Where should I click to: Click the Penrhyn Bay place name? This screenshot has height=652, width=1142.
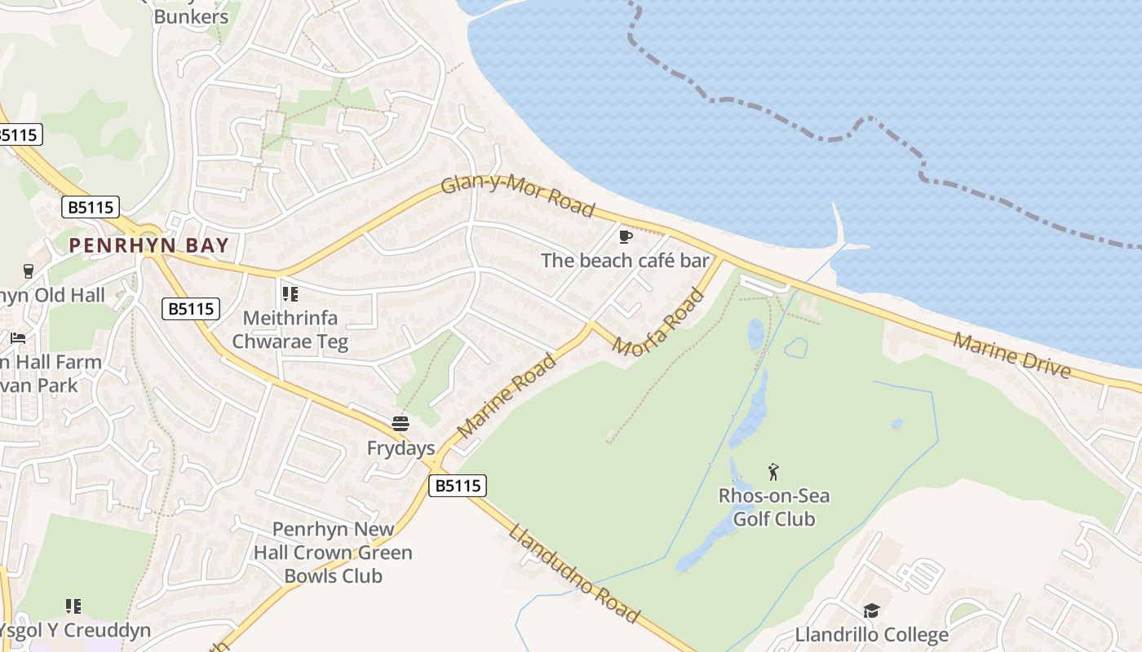(148, 244)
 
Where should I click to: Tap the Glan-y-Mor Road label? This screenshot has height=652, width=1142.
(517, 195)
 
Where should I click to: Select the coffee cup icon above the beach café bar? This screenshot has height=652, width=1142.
(626, 236)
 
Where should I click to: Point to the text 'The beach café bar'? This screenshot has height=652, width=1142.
(625, 261)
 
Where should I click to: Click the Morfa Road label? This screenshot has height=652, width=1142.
(657, 324)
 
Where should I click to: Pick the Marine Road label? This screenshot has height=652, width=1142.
(507, 394)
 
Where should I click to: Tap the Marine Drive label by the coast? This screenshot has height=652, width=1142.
(1011, 355)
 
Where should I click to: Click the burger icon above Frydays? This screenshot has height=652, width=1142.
(400, 423)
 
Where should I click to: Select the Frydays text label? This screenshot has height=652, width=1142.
(401, 448)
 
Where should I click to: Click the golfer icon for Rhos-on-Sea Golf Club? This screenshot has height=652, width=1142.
(773, 471)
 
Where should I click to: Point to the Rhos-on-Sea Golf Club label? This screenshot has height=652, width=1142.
(773, 507)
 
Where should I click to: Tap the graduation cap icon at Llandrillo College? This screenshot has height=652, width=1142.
(871, 610)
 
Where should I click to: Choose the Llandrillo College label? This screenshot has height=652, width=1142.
(871, 635)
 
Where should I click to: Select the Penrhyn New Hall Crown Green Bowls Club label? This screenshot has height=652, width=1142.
(333, 553)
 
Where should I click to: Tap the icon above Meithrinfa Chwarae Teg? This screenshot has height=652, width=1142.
(290, 293)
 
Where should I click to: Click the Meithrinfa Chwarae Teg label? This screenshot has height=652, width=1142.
(290, 330)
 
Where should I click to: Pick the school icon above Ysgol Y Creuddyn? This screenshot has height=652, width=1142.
(73, 606)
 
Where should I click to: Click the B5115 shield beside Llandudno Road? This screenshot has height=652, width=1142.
(457, 486)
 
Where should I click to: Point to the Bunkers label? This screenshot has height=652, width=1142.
(191, 16)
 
